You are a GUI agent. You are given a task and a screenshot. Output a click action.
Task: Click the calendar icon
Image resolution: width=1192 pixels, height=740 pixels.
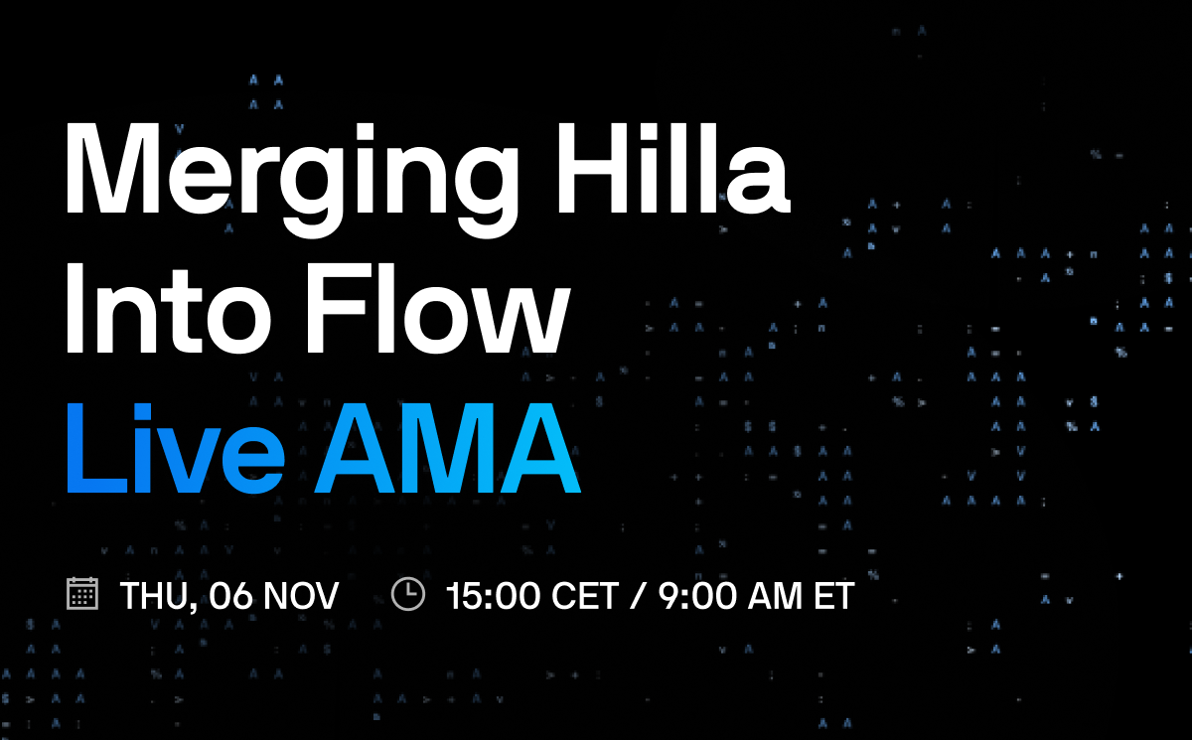pos(81,594)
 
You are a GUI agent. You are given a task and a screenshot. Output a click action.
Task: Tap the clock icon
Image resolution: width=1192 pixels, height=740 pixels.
pos(408,594)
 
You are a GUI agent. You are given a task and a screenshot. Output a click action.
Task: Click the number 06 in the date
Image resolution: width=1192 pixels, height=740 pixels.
pos(223,596)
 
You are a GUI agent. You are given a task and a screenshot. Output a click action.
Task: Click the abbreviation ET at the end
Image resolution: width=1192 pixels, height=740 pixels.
pos(834,596)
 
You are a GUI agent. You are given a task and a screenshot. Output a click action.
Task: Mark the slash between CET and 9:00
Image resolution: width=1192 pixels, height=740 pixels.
pos(638,596)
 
